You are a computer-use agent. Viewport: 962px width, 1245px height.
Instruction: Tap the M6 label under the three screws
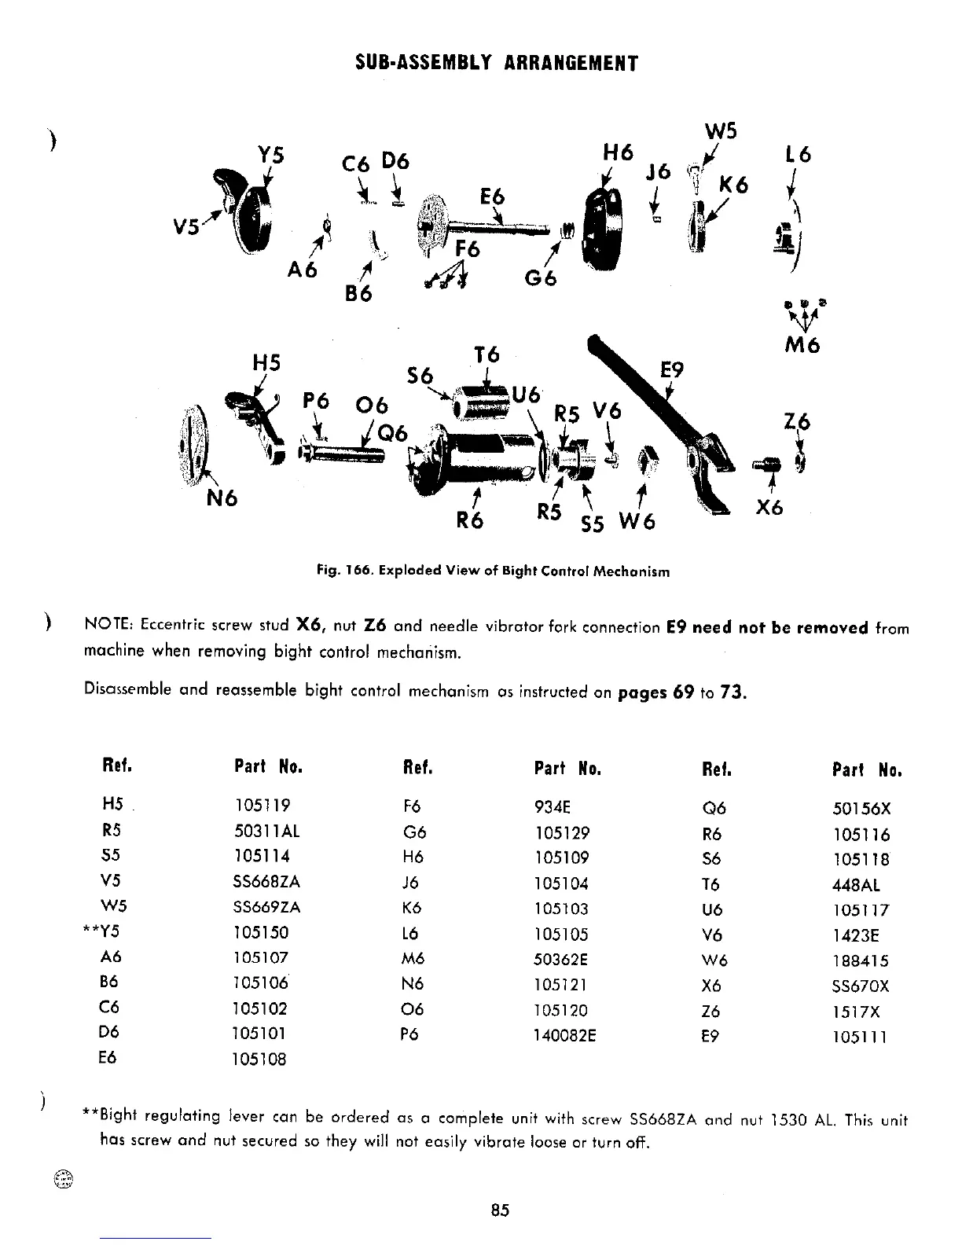[x=802, y=344]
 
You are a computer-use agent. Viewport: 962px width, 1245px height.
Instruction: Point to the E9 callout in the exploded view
[x=672, y=370]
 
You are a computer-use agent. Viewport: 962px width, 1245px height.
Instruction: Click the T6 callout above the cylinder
[x=487, y=355]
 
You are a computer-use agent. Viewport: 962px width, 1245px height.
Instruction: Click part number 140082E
[x=564, y=1035]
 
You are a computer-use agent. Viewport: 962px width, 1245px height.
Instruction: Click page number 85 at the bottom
[x=500, y=1210]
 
